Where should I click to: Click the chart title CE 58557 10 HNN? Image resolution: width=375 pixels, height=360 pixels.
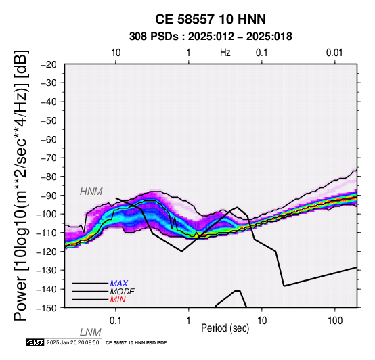click(x=211, y=19)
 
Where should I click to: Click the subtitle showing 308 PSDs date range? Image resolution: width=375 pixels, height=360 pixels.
click(x=211, y=37)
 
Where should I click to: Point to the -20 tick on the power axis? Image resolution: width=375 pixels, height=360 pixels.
click(x=49, y=64)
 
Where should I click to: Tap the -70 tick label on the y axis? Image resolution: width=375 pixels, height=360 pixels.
click(x=49, y=158)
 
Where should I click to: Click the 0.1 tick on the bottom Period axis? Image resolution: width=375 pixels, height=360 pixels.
click(x=116, y=321)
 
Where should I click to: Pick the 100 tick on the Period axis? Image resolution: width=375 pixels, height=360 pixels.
click(x=335, y=321)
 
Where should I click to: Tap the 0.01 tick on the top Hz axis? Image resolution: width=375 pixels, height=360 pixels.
click(x=334, y=53)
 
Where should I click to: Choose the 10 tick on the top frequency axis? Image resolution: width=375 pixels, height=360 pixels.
click(x=116, y=53)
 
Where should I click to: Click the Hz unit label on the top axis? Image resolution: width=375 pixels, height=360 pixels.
click(x=225, y=53)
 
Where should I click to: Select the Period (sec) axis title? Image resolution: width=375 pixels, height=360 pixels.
click(x=225, y=328)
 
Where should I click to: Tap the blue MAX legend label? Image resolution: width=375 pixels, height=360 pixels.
click(x=119, y=284)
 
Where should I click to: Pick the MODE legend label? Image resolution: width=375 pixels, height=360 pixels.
click(x=123, y=292)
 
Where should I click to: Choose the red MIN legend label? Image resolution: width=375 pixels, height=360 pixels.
click(x=118, y=300)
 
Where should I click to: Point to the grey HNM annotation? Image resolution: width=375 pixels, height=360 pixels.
click(x=91, y=192)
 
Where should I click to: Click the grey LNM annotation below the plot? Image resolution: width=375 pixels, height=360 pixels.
click(x=91, y=332)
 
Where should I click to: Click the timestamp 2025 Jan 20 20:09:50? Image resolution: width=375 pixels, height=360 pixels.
click(x=72, y=342)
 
